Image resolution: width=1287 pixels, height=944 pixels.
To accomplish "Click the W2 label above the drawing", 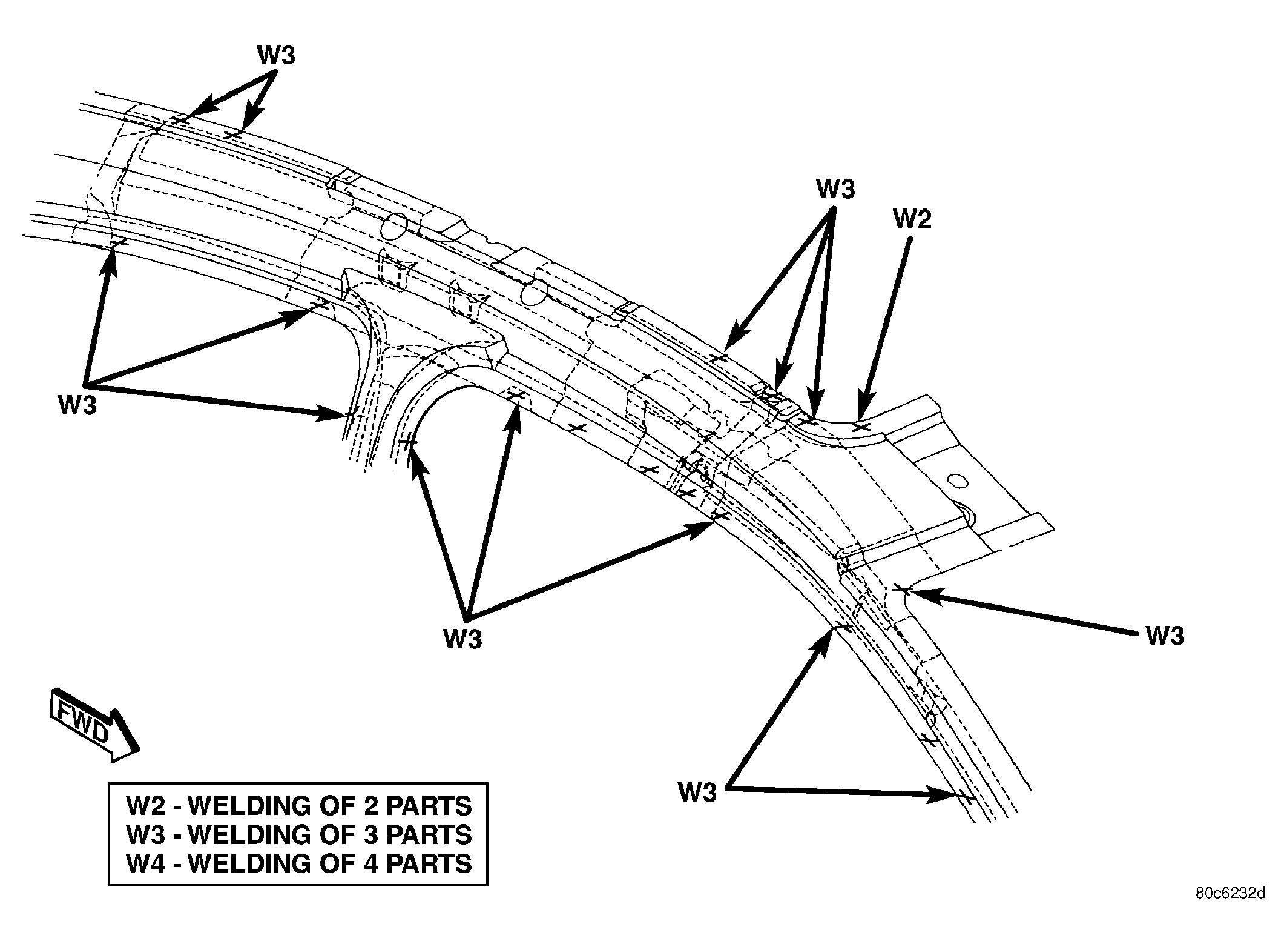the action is pos(912,219).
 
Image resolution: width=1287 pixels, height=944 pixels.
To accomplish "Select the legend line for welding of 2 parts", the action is pos(299,806).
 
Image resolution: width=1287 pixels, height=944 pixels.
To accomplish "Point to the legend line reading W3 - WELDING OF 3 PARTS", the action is pos(299,835).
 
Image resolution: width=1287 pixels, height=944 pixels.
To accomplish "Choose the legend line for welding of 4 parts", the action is pos(299,863).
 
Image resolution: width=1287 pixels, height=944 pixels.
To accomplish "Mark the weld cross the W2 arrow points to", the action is pos(861,427).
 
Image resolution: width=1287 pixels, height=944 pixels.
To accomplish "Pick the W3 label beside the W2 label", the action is pos(835,189).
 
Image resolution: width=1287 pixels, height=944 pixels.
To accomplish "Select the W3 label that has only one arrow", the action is pos(1165,636).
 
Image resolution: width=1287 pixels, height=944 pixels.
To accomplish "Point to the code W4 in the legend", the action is pos(145,863).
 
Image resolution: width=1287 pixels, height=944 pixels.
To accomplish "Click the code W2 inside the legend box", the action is pos(145,806).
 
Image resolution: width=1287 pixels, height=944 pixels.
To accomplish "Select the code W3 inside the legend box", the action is pos(145,835).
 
